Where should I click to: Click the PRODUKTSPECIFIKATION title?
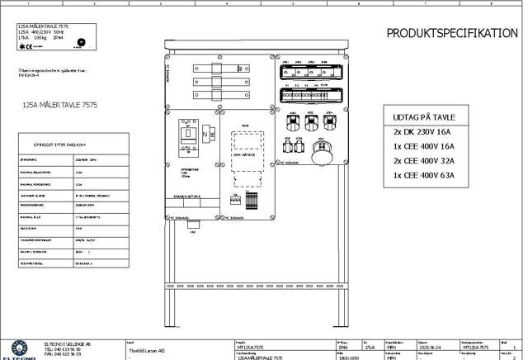click(452, 33)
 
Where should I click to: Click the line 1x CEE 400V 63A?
click(423, 175)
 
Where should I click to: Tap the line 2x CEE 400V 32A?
click(423, 161)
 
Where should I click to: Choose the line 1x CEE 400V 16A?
click(423, 146)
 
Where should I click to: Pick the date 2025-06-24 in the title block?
click(429, 349)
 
